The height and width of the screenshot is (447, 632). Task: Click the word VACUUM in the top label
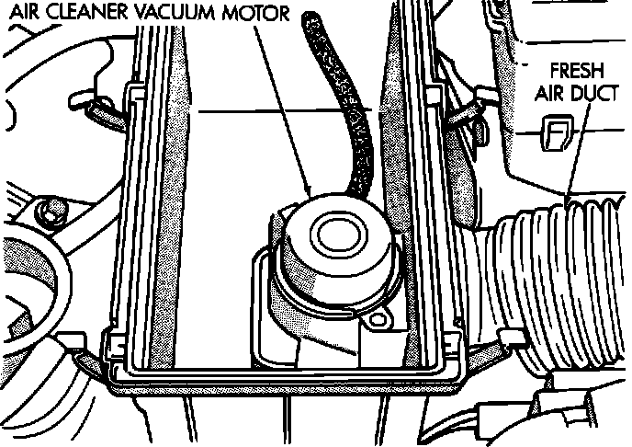click(x=170, y=14)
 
